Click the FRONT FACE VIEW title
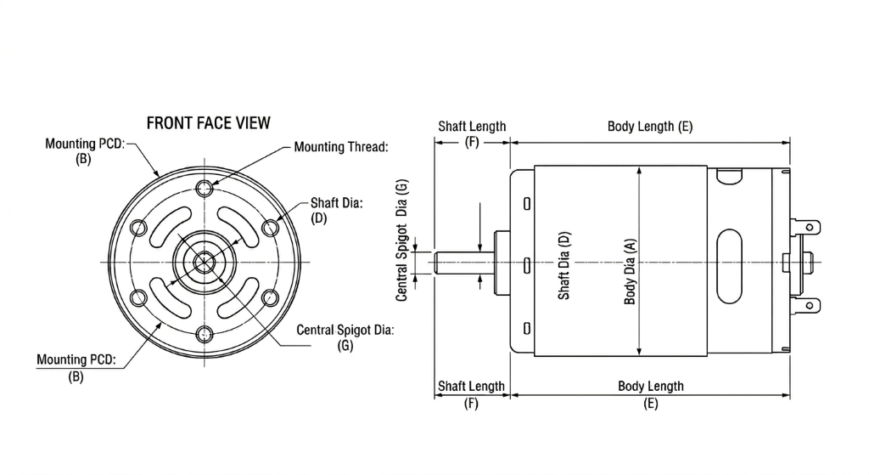(209, 123)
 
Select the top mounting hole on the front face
(204, 188)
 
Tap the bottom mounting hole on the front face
(204, 333)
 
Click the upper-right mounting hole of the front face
(270, 227)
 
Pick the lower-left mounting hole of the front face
(137, 297)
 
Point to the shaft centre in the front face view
(204, 261)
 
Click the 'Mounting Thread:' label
(340, 147)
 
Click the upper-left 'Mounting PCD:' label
(85, 144)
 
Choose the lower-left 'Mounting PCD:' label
(76, 360)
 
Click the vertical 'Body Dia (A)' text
(630, 271)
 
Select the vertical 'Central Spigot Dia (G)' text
(402, 239)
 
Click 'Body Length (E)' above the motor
(650, 127)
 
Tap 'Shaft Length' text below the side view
(471, 387)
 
